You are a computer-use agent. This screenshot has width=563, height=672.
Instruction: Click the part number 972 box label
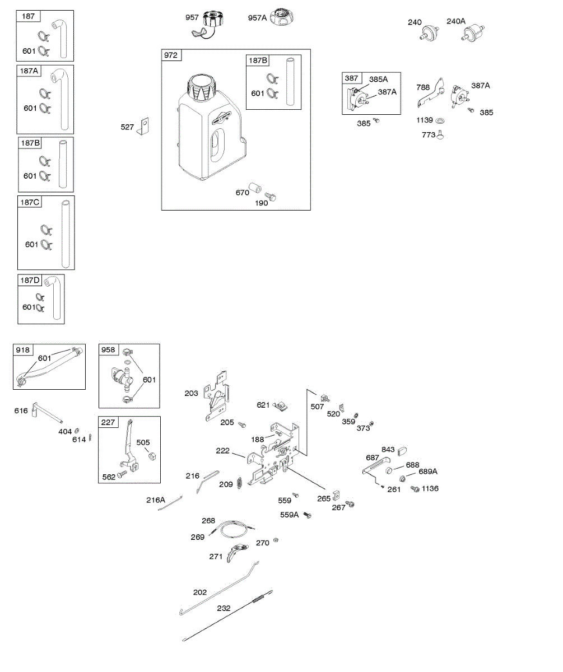click(x=170, y=55)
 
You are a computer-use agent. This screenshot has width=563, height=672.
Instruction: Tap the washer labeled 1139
click(x=440, y=120)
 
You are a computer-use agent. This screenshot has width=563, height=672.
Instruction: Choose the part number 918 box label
click(x=23, y=350)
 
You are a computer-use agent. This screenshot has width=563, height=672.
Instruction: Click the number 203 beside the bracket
click(x=192, y=394)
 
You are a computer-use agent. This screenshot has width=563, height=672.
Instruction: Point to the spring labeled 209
click(x=239, y=482)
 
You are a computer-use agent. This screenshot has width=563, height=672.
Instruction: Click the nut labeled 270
click(x=276, y=541)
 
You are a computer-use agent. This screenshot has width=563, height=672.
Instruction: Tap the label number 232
click(x=224, y=608)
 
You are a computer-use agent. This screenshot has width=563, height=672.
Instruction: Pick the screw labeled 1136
click(x=415, y=489)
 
